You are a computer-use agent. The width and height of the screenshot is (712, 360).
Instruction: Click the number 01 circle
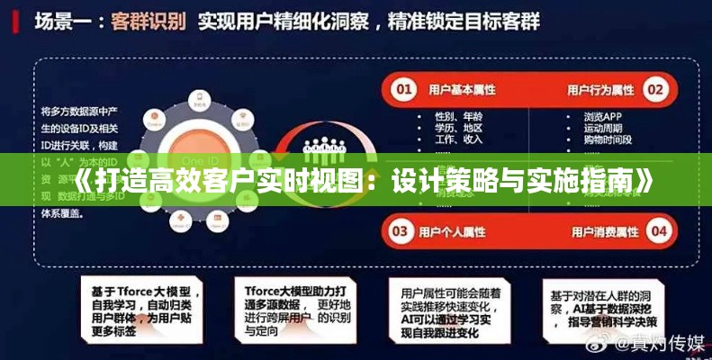pyautogui.click(x=405, y=89)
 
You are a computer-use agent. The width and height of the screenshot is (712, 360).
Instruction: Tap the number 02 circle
pyautogui.click(x=656, y=89)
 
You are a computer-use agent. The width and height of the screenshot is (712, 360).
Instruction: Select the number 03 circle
pyautogui.click(x=405, y=230)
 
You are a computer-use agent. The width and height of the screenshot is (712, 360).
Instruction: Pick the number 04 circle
pyautogui.click(x=660, y=230)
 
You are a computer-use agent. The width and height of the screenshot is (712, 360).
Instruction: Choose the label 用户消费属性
pyautogui.click(x=601, y=230)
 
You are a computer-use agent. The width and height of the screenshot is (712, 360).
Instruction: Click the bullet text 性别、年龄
pyautogui.click(x=459, y=116)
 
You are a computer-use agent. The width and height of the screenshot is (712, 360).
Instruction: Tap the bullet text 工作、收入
pyautogui.click(x=459, y=139)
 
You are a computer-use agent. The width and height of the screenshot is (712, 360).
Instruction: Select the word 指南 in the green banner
pyautogui.click(x=601, y=180)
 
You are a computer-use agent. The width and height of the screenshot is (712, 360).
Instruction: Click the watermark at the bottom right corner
pyautogui.click(x=644, y=343)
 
